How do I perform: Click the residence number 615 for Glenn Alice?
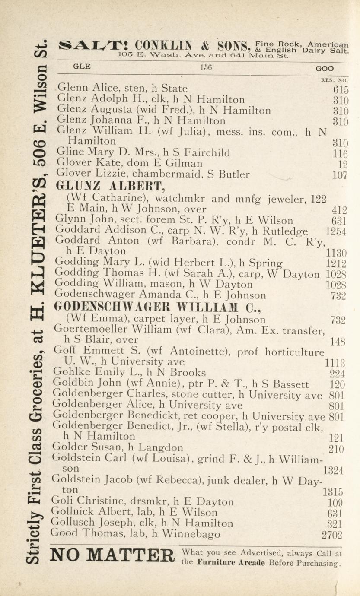point(341,90)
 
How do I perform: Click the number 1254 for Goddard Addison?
point(336,231)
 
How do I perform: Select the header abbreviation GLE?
point(82,67)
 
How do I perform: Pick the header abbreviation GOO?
point(324,68)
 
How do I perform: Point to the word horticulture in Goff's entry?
point(294,352)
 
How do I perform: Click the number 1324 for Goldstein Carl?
point(333,471)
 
